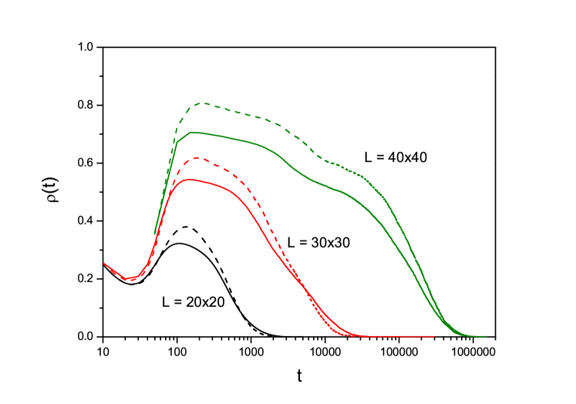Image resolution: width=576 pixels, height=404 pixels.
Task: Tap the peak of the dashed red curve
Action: pyautogui.click(x=198, y=157)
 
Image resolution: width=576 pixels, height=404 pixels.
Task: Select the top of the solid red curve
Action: pyautogui.click(x=189, y=179)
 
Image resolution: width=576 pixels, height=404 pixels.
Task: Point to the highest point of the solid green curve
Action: pyautogui.click(x=191, y=132)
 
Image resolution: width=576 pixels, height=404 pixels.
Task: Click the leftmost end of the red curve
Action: pyautogui.click(x=104, y=263)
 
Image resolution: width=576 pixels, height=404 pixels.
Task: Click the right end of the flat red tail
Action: pyautogui.click(x=435, y=336)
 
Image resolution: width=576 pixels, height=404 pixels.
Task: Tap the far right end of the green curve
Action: pyautogui.click(x=486, y=336)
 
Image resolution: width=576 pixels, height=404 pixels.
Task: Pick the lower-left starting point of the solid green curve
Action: pyautogui.click(x=155, y=234)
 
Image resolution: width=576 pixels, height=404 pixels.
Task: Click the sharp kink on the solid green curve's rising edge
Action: pyautogui.click(x=177, y=141)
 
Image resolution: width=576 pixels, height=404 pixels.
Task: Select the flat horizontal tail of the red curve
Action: pyautogui.click(x=393, y=336)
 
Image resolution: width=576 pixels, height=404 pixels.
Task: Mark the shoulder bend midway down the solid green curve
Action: pyautogui.click(x=339, y=189)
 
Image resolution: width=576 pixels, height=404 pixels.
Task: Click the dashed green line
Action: pyautogui.click(x=262, y=118)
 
